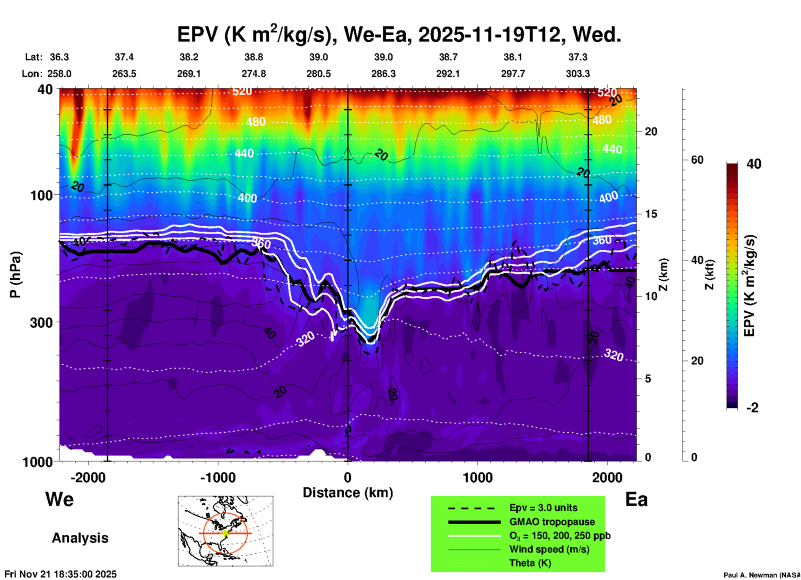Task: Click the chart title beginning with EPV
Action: tap(399, 34)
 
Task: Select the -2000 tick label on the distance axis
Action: tap(88, 477)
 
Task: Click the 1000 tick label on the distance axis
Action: tap(477, 477)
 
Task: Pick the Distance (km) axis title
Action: tap(348, 493)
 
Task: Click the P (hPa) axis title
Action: tap(15, 275)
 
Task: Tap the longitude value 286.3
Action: tap(383, 74)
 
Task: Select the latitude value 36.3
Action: tap(59, 57)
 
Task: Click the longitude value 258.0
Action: tap(59, 74)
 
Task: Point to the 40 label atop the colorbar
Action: tap(754, 164)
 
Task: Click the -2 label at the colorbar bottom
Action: tap(752, 408)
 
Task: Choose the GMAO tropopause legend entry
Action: tap(552, 522)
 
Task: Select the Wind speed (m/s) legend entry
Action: tap(549, 549)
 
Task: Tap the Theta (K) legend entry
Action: tap(530, 563)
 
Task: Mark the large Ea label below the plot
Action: tap(636, 499)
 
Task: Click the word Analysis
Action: tap(80, 538)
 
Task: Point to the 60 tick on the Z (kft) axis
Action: tap(697, 160)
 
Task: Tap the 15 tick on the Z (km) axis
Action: tap(650, 214)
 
